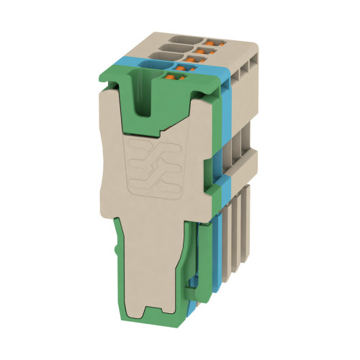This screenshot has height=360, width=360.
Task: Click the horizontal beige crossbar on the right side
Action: tap(238, 155)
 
